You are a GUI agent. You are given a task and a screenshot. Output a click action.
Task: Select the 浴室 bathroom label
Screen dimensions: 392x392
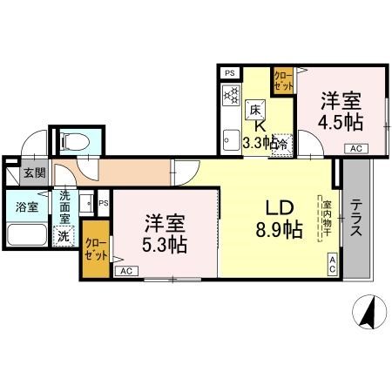point(26,207)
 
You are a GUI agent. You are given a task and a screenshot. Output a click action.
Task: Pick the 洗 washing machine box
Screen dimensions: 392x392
point(64,234)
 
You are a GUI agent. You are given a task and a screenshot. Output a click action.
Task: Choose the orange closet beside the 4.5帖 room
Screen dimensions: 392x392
point(283,83)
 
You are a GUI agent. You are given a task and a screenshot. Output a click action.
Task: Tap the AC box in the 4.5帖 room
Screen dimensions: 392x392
point(355,149)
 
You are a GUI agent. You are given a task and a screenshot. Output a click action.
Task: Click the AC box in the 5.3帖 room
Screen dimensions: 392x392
point(125,272)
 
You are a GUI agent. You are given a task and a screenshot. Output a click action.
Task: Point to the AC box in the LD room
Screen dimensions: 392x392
point(332,263)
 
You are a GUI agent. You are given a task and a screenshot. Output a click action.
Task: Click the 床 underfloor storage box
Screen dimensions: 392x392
point(255,110)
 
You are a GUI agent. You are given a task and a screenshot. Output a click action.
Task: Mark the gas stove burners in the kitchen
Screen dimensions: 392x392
point(230,98)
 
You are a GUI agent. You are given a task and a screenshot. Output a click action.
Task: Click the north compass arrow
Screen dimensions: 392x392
point(369,310)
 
